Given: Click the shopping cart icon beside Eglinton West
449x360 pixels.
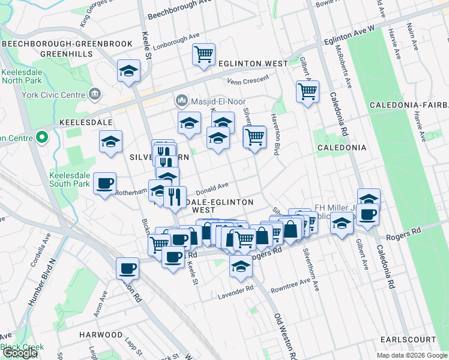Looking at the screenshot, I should tap(203, 55).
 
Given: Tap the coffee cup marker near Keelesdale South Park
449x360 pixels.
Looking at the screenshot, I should tap(105, 184).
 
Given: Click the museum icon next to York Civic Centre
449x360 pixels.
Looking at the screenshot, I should tap(95, 94).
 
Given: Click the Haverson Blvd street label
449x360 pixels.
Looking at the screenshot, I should tap(276, 135).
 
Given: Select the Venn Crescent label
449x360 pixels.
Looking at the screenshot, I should tap(249, 81).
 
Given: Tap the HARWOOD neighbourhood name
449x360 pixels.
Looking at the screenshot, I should tap(101, 334).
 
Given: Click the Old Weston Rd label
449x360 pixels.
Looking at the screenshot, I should tap(285, 336).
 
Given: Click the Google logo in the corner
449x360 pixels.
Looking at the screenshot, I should tap(20, 353).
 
